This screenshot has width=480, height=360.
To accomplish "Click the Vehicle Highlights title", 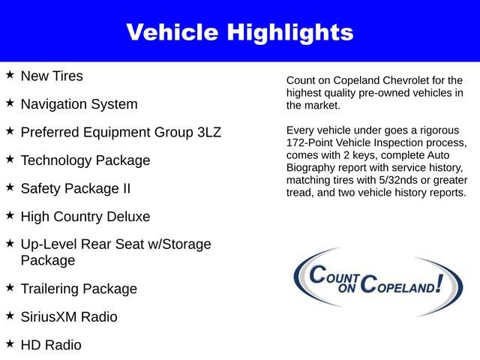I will tap(239, 32).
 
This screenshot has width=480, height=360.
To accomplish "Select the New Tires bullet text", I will tap(52, 76).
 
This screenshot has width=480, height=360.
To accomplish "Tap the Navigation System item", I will tap(79, 104).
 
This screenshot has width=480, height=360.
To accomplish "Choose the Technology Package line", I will tap(85, 160).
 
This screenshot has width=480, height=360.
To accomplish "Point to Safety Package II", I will tap(75, 188).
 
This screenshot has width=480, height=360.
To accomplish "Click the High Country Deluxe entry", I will tap(85, 217).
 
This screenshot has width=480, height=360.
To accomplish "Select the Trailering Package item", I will tap(79, 289).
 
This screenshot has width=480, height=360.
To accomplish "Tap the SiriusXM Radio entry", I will tap(69, 317).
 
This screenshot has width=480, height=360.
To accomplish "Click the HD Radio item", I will tap(51, 345).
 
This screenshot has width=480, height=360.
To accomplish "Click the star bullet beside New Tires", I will tap(10, 75).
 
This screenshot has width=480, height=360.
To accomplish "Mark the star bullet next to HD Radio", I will tap(10, 343).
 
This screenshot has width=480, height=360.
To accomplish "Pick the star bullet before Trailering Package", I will tap(10, 287).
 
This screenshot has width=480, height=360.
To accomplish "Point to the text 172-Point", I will tap(313, 142).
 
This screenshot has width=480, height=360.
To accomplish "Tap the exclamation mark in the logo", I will tap(437, 283).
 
